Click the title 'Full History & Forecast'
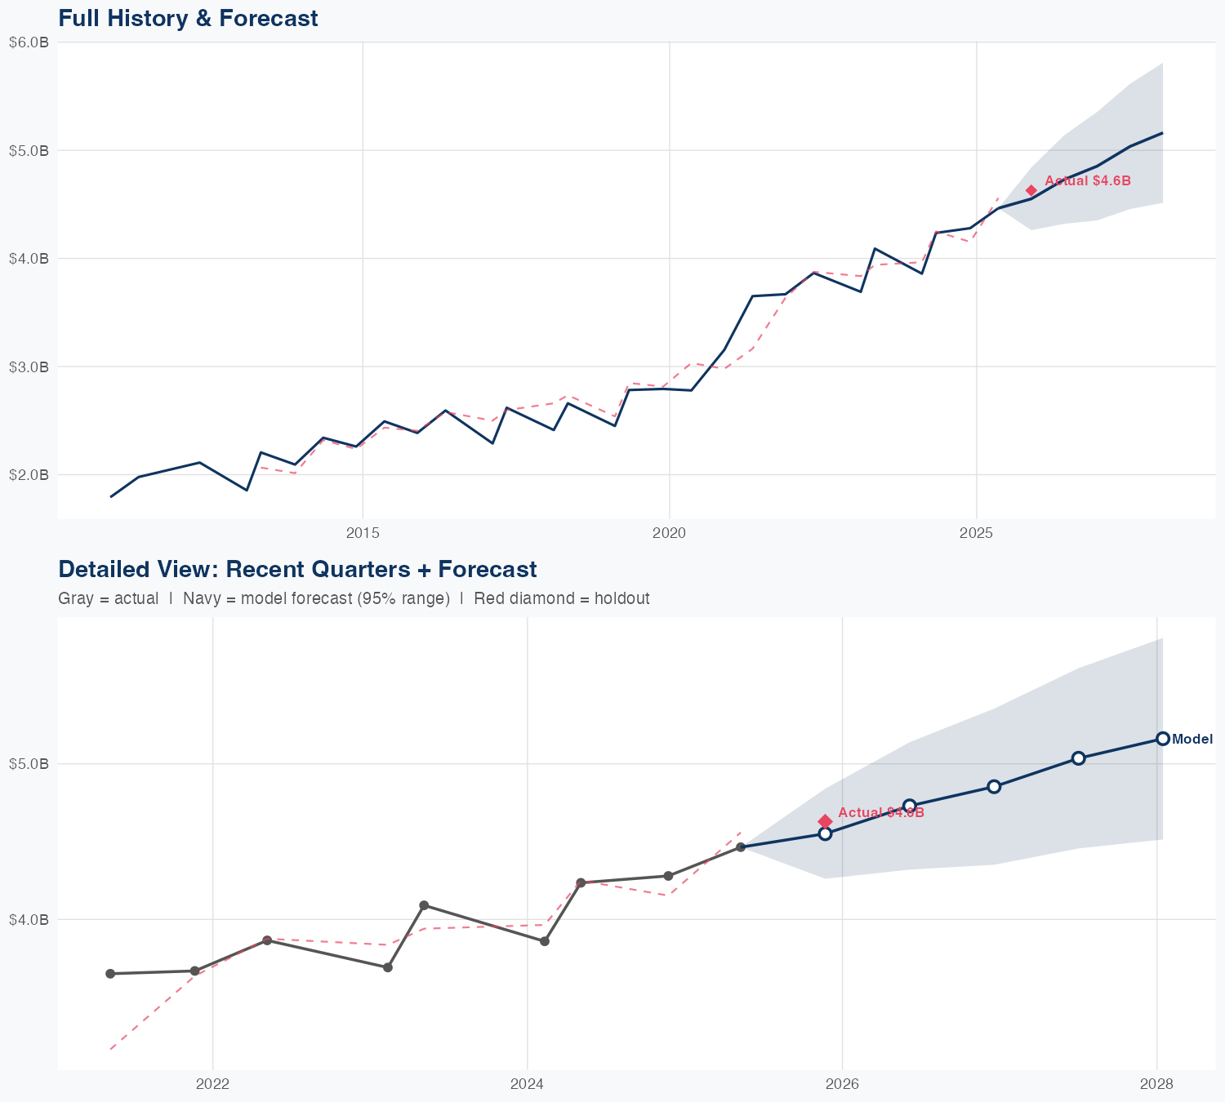click(x=188, y=18)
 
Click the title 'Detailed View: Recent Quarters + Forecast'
click(x=297, y=569)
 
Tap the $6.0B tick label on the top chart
click(x=29, y=42)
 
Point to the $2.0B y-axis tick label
click(x=29, y=474)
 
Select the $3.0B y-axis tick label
click(x=29, y=367)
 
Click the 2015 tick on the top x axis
click(x=363, y=533)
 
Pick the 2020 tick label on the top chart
click(x=669, y=533)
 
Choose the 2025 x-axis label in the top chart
click(x=976, y=533)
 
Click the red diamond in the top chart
click(x=1031, y=190)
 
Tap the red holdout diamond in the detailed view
click(x=825, y=821)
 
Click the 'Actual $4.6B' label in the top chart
click(x=1088, y=181)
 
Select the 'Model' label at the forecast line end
click(x=1192, y=740)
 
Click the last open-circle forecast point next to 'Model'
click(x=1163, y=739)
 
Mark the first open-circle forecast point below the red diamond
click(x=825, y=833)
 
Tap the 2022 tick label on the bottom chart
click(x=212, y=1084)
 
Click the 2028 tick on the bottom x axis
click(x=1156, y=1084)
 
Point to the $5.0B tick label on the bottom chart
click(x=29, y=764)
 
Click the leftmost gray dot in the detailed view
click(x=110, y=974)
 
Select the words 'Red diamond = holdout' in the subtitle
click(x=562, y=598)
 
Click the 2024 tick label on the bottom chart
click(x=527, y=1084)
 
